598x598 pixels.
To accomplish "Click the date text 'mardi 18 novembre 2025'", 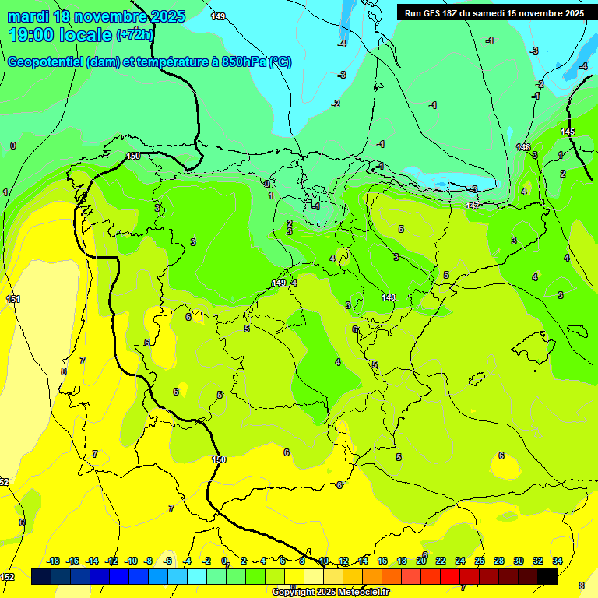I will click(97, 16).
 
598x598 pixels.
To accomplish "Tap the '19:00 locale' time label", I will click(59, 35).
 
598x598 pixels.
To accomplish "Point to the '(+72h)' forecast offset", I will click(135, 35).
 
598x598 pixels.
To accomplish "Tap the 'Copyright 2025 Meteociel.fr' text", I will click(331, 593).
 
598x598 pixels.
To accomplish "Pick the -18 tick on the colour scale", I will click(54, 561).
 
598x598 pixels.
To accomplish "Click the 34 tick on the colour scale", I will click(557, 561).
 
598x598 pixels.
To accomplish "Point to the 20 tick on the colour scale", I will click(421, 561).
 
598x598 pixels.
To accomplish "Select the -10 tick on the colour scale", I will click(131, 561).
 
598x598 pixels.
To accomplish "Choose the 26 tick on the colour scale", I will click(480, 561).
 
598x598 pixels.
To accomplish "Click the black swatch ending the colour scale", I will click(547, 576).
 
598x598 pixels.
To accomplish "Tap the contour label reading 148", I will click(389, 297).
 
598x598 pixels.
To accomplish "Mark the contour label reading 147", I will click(473, 206).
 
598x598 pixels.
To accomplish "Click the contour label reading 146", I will click(523, 147).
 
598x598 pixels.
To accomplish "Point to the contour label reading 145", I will click(568, 132).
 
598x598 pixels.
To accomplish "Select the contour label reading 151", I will click(13, 300).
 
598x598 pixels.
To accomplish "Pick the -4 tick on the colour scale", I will click(187, 561).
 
